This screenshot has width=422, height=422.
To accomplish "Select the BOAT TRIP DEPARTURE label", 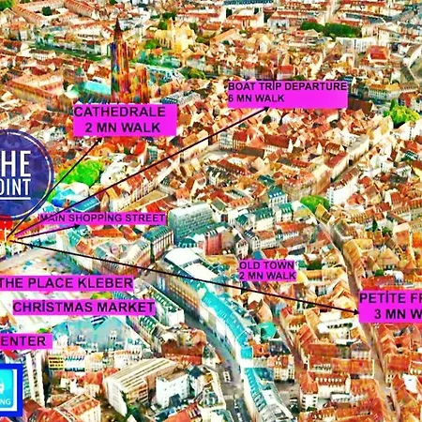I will [x=287, y=87].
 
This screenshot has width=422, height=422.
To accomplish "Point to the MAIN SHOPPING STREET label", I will [x=102, y=218].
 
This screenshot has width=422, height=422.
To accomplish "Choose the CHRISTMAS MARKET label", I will [x=83, y=307].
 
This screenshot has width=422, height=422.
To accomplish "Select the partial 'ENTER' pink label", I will [x=23, y=340].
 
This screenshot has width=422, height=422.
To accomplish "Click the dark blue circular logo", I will [x=21, y=173].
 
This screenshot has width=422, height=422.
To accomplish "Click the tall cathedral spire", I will [x=118, y=56].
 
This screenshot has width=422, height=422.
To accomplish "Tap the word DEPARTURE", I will [x=316, y=87].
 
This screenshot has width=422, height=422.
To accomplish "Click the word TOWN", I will [x=279, y=264].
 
